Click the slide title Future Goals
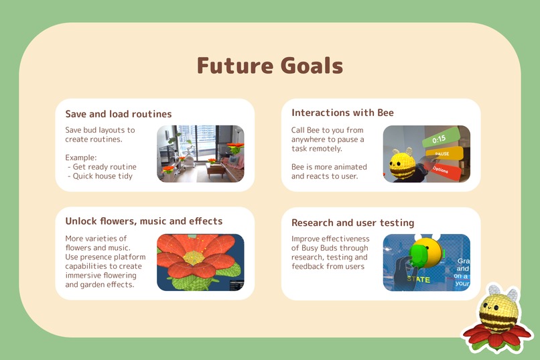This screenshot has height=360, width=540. click(269, 66)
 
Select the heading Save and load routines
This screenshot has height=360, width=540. click(118, 114)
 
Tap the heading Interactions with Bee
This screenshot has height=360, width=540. click(342, 113)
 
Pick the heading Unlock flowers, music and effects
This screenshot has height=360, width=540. click(143, 221)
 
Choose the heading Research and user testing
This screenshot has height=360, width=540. click(352, 223)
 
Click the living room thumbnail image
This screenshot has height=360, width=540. click(200, 154)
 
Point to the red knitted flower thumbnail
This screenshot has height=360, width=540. click(200, 262)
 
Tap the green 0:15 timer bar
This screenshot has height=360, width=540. click(442, 139)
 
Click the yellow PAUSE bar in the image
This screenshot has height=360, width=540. click(444, 154)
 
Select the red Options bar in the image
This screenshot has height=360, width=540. click(444, 170)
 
